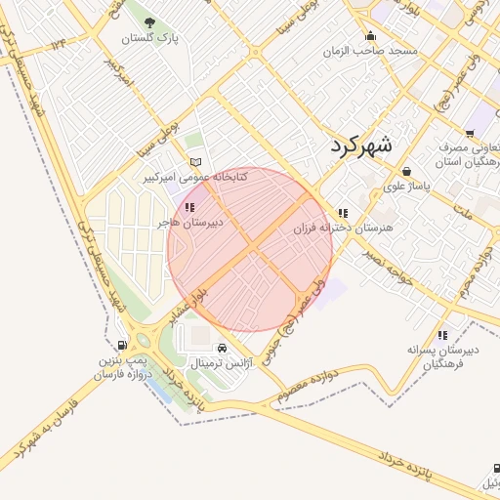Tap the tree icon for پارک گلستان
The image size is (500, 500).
click(148, 22)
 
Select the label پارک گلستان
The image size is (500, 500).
click(149, 39)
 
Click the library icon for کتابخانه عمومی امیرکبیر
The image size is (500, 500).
click(195, 161)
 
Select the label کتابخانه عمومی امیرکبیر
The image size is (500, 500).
click(196, 178)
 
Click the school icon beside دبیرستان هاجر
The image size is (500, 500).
click(189, 207)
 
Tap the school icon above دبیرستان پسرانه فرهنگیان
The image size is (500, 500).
click(443, 334)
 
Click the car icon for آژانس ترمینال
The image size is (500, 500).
click(223, 348)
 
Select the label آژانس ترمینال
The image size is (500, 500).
click(222, 363)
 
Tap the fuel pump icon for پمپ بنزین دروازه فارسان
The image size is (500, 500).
click(121, 345)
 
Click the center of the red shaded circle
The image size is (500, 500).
click(250, 249)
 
